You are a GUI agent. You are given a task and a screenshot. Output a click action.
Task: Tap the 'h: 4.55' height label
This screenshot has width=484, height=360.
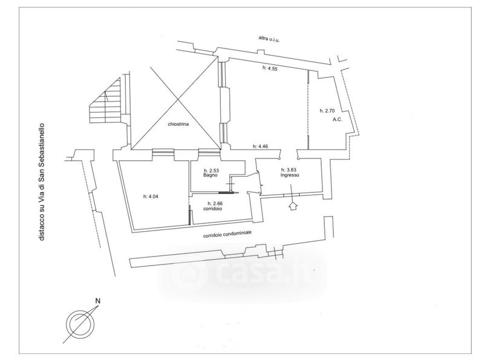tap(269, 68)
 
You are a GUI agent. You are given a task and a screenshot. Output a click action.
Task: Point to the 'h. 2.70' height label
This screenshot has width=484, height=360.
tap(327, 111)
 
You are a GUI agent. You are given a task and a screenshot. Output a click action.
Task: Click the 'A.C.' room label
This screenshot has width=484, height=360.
tap(338, 120)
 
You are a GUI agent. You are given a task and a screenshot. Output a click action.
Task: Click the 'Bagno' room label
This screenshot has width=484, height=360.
tap(211, 176)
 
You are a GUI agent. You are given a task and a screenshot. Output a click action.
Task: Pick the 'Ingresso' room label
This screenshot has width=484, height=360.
tap(290, 175)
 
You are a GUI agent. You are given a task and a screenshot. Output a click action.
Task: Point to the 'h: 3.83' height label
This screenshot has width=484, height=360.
tap(290, 169)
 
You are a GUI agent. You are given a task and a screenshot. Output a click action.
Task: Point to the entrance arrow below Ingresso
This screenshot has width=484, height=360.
tap(294, 206)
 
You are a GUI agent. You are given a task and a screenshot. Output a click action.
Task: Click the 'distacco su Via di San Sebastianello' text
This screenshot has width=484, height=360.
tap(42, 181)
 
